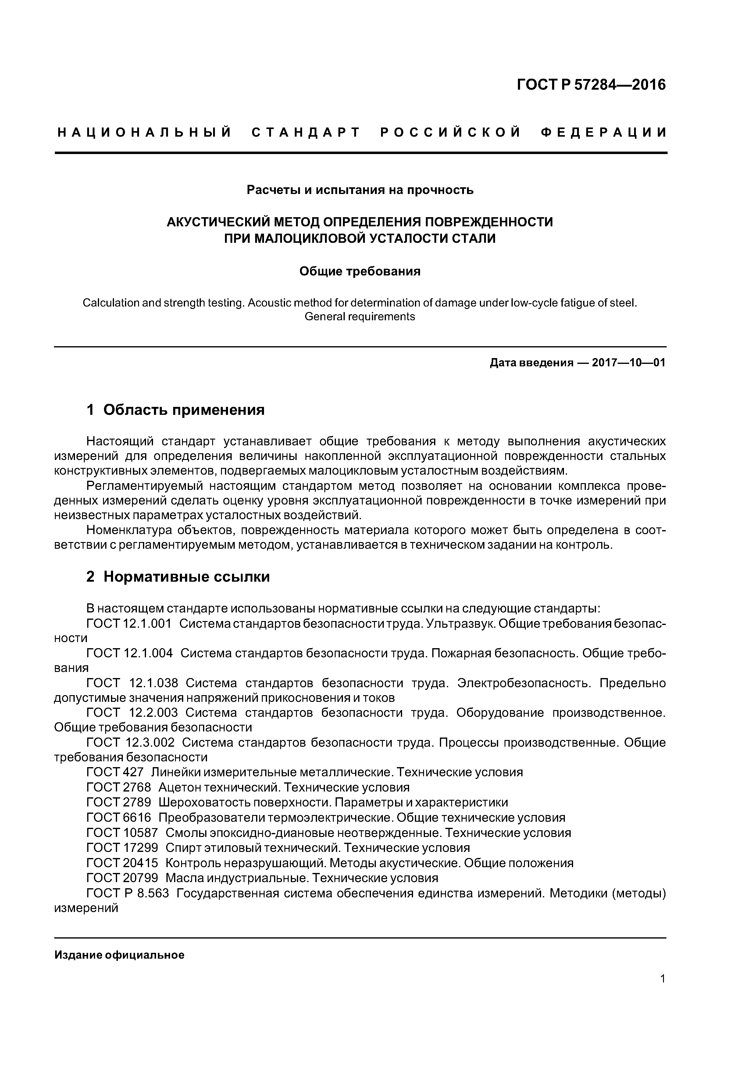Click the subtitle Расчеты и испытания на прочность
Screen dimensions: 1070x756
coord(360,190)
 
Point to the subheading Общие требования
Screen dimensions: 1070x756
coord(360,271)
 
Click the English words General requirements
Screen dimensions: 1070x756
coord(360,317)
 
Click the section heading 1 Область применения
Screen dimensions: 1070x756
coord(176,410)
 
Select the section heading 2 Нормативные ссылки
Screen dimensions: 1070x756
coord(178,577)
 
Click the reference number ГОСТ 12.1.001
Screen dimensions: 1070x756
coord(129,623)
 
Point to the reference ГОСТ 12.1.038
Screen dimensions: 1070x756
coord(132,683)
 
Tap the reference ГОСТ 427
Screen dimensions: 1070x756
coord(115,773)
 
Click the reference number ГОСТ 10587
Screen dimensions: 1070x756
coord(122,833)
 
